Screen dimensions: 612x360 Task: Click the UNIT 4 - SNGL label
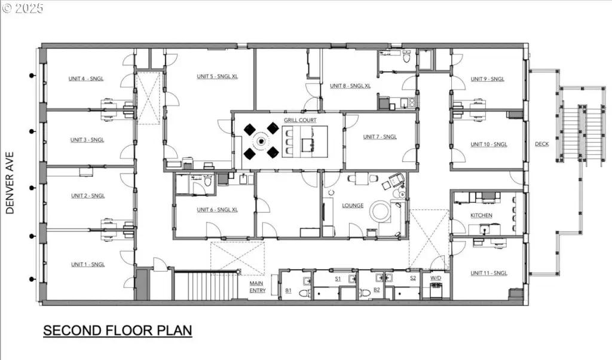coord(86,78)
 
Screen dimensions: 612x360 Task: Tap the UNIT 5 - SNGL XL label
coord(217,76)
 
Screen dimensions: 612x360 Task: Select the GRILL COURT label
coord(300,120)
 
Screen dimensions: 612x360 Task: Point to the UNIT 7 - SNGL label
coord(380,137)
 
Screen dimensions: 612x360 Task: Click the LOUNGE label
coord(353,205)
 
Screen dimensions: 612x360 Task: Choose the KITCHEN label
coord(481,215)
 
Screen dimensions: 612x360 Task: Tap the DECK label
coord(541,144)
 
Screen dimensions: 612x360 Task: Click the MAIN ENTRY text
coord(257,287)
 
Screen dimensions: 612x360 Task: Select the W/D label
coord(436,278)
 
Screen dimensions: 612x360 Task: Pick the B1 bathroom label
coord(288,291)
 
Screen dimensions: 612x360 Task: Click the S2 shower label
coord(413,278)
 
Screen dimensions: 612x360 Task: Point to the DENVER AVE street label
coord(10,183)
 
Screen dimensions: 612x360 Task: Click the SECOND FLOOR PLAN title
coord(118,330)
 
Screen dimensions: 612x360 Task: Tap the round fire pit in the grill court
coord(261,141)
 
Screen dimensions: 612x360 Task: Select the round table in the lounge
coord(380,211)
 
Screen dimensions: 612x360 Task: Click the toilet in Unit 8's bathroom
coord(406,57)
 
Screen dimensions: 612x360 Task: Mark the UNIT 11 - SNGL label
coord(489,273)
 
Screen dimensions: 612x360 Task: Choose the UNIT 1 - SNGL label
coord(88,264)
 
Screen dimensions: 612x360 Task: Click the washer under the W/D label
coord(436,291)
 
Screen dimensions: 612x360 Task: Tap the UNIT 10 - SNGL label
coord(489,144)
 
